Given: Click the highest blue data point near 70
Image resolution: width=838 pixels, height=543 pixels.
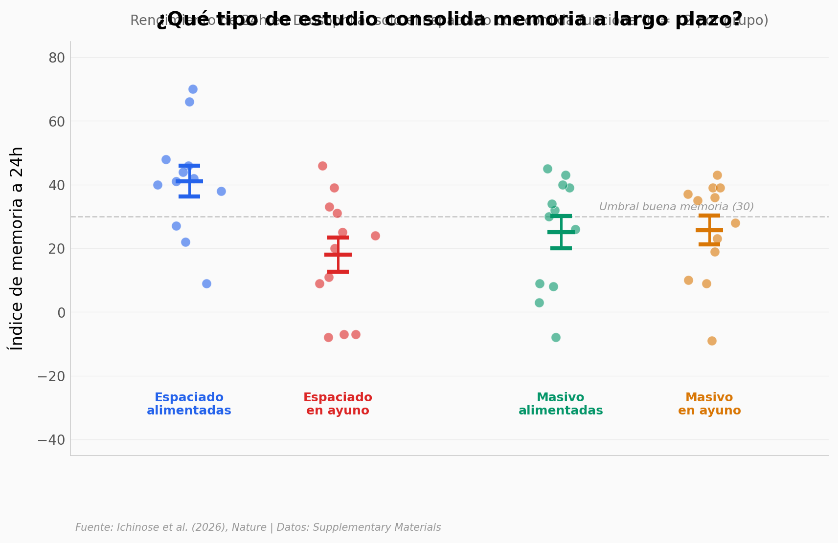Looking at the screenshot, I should [x=193, y=89].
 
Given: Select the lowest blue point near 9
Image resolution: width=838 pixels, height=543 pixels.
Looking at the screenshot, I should [x=206, y=283].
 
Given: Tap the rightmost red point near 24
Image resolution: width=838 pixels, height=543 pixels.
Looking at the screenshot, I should [x=375, y=236].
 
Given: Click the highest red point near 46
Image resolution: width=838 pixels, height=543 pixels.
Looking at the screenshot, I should [x=322, y=166].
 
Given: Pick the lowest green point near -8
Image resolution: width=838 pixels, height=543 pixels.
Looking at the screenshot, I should [x=556, y=337].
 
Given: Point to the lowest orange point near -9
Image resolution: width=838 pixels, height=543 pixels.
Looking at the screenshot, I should [x=712, y=341].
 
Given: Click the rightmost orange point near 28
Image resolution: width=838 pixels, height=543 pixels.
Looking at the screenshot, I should [x=735, y=223].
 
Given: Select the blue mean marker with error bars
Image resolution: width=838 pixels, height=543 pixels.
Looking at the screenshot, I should [x=189, y=181].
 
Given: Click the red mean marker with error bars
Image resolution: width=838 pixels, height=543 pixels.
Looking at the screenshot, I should [x=338, y=255].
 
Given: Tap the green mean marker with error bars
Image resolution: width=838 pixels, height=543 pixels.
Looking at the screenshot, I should [x=561, y=232].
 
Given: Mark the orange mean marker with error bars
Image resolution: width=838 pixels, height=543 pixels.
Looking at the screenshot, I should [x=709, y=230].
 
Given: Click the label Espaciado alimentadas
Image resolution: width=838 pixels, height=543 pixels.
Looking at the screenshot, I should [x=189, y=404].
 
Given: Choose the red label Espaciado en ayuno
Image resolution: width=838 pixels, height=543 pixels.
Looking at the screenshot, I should [x=338, y=404].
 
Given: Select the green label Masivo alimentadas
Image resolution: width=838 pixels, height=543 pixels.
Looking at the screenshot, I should [x=561, y=404].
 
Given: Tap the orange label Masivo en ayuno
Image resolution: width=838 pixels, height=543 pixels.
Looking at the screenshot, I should [x=709, y=404].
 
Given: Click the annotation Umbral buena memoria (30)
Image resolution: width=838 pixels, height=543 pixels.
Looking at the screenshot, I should [x=676, y=207].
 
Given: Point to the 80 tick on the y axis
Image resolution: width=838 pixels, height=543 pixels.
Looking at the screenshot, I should [x=57, y=58].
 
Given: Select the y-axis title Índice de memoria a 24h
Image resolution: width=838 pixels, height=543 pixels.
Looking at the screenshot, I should [x=17, y=248].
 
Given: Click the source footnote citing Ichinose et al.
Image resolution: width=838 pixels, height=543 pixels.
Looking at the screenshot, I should [x=258, y=527].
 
